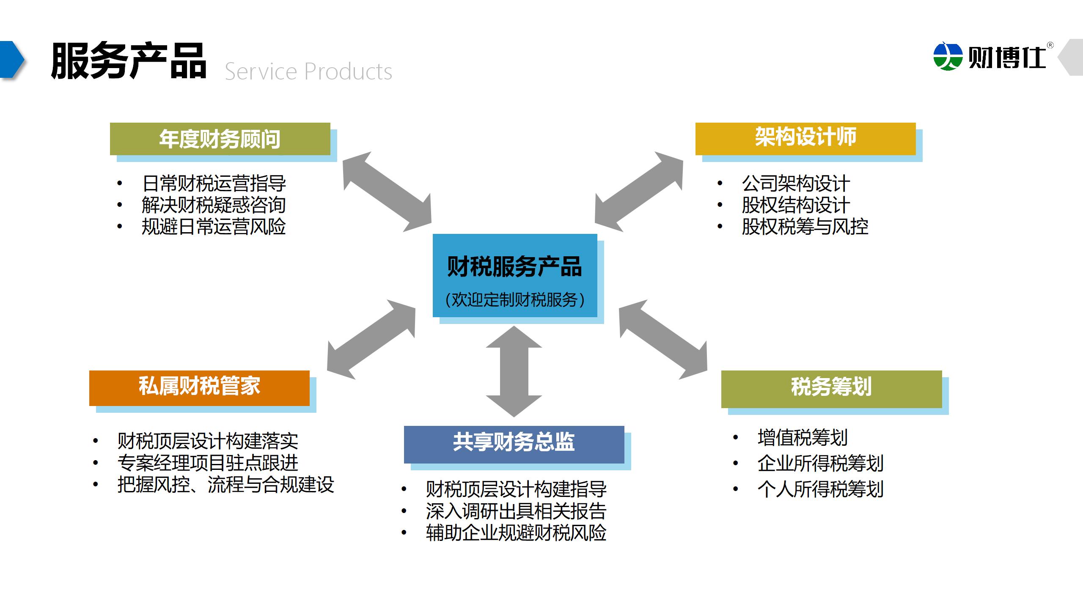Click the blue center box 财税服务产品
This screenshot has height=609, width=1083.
pos(514,275)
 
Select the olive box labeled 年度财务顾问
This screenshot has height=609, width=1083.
pos(220,139)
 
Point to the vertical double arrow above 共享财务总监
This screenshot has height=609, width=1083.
pos(514,371)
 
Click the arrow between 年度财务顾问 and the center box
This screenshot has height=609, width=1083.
pos(387,192)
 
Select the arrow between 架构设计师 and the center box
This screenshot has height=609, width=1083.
pos(639,192)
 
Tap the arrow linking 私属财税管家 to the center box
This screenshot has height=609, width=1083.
pos(371,340)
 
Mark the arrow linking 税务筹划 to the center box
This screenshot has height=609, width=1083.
pos(663,340)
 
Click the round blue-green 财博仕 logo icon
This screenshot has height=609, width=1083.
pos(948,55)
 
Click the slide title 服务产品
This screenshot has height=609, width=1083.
pos(129,61)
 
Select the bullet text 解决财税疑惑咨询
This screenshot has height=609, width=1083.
pos(214,206)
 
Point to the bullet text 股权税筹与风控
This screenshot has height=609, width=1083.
pos(805,227)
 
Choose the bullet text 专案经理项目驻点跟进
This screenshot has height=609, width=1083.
pos(208,463)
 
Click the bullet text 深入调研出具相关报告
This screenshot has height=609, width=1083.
pos(516,511)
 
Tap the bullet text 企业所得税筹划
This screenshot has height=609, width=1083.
pos(820,464)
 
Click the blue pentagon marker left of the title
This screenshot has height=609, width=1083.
pos(12,60)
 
